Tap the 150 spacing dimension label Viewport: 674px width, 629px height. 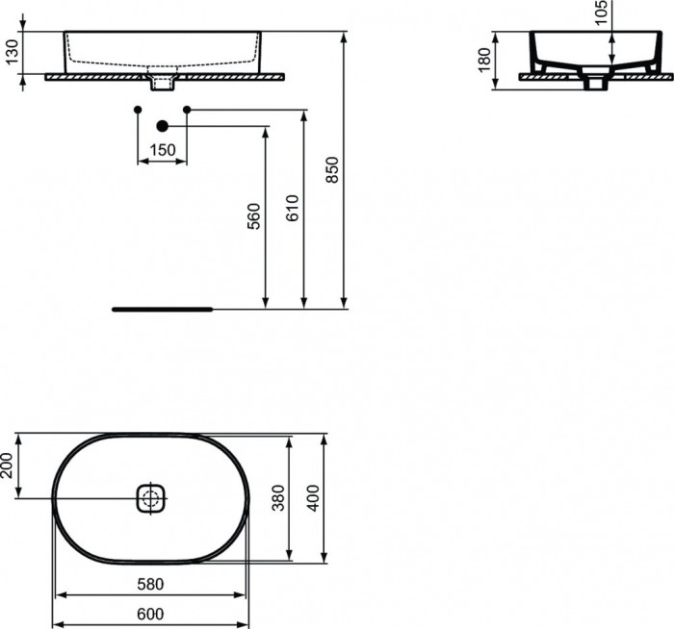(163, 150)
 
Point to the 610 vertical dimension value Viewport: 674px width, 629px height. (294, 209)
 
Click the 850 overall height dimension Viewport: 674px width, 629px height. (333, 170)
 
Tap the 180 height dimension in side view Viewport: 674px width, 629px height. (484, 60)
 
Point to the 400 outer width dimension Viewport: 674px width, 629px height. (312, 496)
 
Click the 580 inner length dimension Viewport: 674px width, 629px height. (149, 584)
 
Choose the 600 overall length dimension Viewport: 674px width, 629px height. (149, 614)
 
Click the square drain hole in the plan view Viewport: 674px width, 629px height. (149, 498)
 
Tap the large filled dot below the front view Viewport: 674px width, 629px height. (162, 126)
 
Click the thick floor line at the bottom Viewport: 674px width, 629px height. (161, 310)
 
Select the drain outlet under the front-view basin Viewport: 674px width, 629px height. (162, 83)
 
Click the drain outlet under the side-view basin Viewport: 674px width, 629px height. (596, 84)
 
